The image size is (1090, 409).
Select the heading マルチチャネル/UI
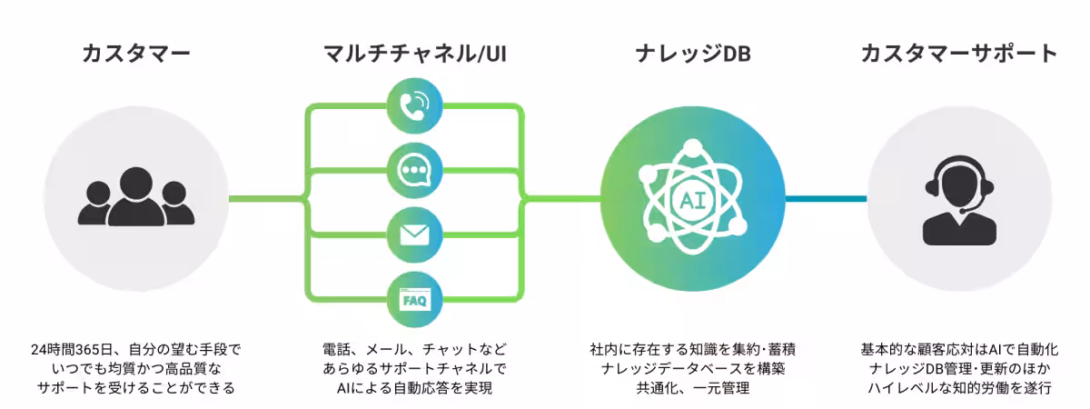(415, 54)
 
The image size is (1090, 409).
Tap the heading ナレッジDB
(692, 54)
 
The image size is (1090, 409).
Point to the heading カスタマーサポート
(959, 54)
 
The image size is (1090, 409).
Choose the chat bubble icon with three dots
(415, 170)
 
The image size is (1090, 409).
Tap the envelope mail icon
(415, 234)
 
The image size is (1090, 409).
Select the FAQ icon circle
(415, 298)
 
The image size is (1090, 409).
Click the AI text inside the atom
(692, 198)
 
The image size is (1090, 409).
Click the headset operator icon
(959, 202)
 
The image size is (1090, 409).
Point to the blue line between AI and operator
(826, 197)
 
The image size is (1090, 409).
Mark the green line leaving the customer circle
(263, 197)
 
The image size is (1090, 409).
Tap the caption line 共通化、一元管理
(692, 389)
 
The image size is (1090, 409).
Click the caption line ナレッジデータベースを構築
(692, 369)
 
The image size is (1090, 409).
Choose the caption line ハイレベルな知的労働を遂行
(959, 389)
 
